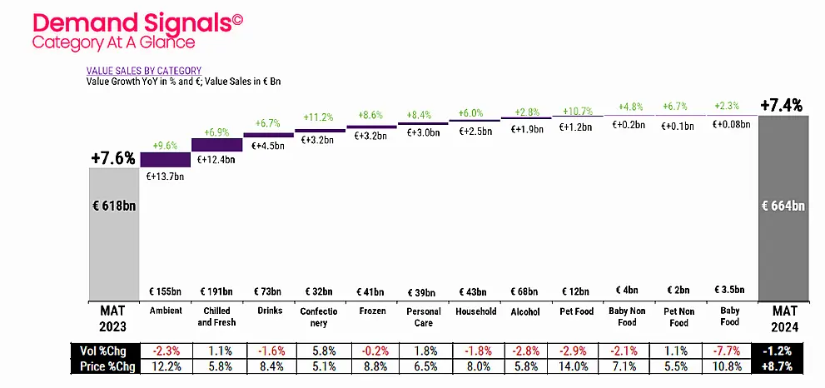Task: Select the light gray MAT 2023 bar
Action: coord(113,233)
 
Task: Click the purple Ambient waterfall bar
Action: coord(165,159)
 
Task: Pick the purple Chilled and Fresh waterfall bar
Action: coord(216,144)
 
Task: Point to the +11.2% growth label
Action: coord(319,117)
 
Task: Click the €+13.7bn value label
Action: coord(165,177)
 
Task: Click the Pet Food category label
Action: coord(576,311)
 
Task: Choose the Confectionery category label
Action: coord(319,316)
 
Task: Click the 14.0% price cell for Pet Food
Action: coord(576,364)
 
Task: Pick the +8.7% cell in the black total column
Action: coord(782,364)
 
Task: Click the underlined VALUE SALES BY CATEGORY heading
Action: coord(144,72)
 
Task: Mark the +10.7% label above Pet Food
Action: coord(576,111)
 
